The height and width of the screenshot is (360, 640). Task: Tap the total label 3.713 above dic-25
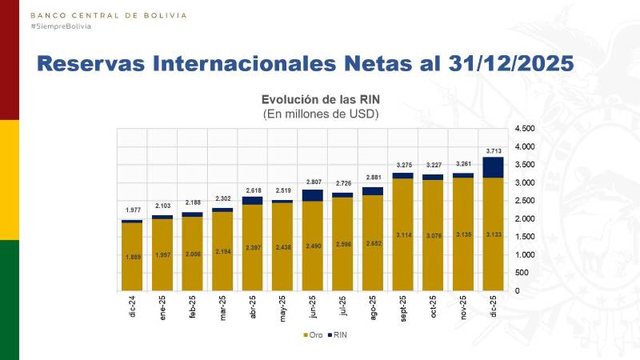494,150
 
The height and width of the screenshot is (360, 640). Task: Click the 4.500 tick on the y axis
524,129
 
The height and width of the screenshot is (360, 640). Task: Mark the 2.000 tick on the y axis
524,218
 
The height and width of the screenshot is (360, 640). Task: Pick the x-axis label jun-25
314,309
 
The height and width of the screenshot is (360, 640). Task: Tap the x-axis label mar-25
223,309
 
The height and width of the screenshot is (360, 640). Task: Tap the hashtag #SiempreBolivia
61,26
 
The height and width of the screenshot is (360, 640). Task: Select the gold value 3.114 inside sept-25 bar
403,234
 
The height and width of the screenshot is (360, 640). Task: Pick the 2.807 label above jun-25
314,182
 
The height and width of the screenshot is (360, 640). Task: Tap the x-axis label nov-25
464,309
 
